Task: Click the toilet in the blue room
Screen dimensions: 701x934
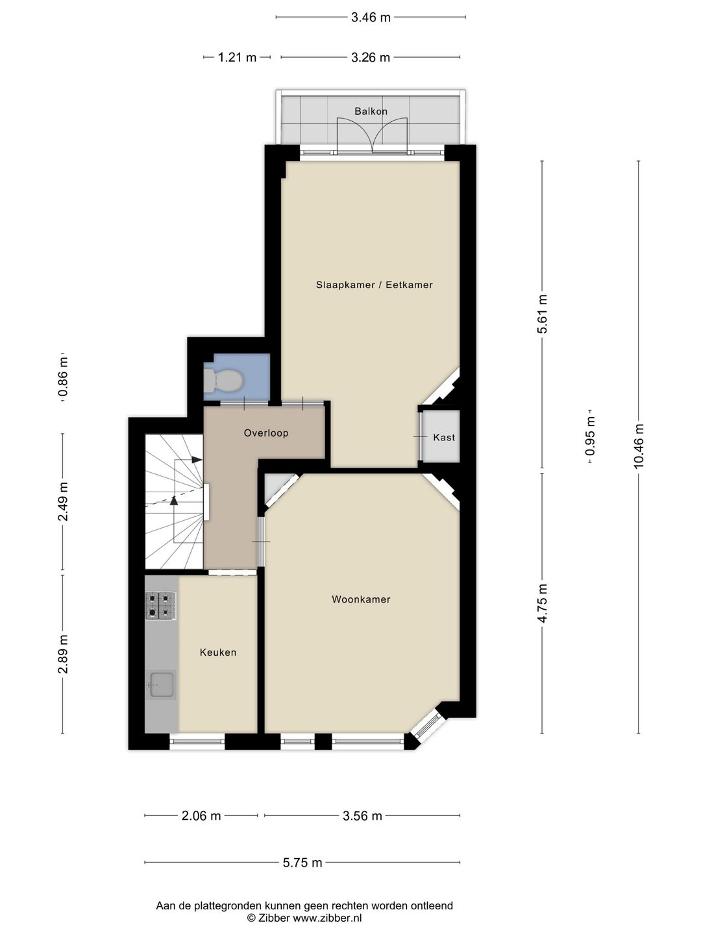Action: click(x=223, y=380)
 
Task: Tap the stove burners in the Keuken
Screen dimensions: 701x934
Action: click(x=161, y=606)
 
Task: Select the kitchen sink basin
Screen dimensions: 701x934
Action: click(x=162, y=685)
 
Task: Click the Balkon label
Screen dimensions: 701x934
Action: click(x=371, y=111)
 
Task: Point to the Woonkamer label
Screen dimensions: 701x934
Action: click(x=361, y=599)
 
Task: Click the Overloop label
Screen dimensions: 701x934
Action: click(x=266, y=433)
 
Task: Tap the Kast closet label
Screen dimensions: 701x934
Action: click(x=444, y=437)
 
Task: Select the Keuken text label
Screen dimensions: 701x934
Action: click(x=218, y=653)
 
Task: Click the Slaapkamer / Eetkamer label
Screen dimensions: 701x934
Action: click(x=374, y=285)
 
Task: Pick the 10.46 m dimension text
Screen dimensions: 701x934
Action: click(x=639, y=445)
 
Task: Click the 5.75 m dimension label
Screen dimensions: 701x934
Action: click(x=302, y=863)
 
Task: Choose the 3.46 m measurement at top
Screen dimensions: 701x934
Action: click(x=371, y=18)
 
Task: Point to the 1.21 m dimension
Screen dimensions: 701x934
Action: click(x=237, y=57)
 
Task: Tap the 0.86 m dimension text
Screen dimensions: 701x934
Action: click(x=63, y=377)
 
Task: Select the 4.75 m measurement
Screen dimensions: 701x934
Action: click(x=542, y=603)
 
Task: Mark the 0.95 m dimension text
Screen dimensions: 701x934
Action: click(x=590, y=436)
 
